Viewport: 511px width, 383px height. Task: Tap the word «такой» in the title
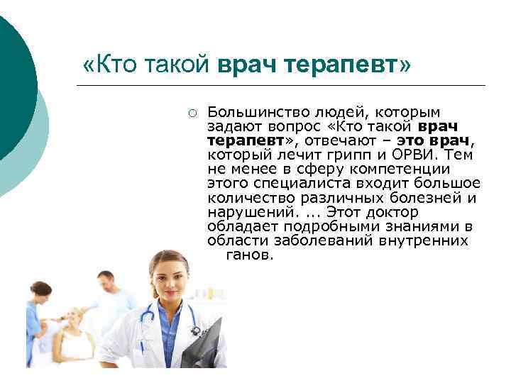click(178, 65)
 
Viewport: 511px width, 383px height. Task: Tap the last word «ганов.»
click(249, 254)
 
